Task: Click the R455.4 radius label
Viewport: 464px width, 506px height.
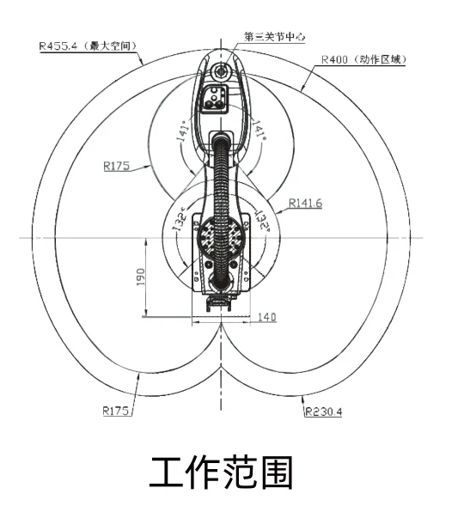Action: click(x=58, y=46)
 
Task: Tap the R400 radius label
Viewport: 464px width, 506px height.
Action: click(x=334, y=59)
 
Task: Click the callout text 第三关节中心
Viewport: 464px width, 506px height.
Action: click(x=274, y=36)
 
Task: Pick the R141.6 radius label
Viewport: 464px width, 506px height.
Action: click(x=305, y=203)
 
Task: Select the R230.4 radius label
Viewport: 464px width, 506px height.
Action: click(x=324, y=412)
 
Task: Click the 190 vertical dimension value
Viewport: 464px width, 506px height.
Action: click(x=141, y=277)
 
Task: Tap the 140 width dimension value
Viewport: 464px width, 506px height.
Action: click(x=267, y=317)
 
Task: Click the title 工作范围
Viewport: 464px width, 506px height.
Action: click(x=221, y=472)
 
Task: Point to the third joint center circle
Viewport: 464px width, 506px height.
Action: click(x=221, y=70)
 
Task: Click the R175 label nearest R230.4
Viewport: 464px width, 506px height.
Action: click(x=116, y=411)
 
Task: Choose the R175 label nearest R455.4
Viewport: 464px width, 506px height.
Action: click(x=117, y=166)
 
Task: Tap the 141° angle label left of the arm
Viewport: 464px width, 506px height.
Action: click(x=183, y=131)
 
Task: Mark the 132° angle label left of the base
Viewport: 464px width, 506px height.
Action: click(x=180, y=220)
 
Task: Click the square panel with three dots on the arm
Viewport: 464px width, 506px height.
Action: click(x=214, y=99)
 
